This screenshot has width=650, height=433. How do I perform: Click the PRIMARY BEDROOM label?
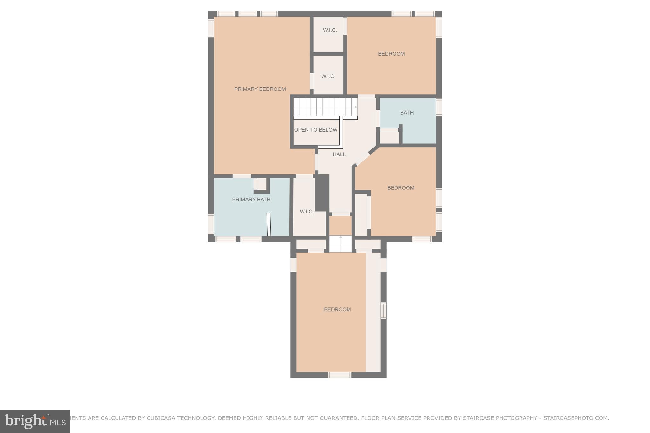[x=260, y=89]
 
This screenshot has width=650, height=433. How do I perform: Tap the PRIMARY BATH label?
[x=251, y=200]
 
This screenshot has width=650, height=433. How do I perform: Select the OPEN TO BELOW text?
[x=315, y=130]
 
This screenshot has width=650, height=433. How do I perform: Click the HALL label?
[x=339, y=154]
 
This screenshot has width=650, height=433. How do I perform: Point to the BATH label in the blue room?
[x=407, y=113]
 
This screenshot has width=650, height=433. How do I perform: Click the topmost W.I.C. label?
[x=330, y=30]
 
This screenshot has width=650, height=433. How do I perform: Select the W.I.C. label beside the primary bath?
[x=307, y=212]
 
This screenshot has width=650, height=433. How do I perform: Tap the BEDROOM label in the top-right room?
[x=391, y=54]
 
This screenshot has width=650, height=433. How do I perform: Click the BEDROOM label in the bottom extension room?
[x=337, y=309]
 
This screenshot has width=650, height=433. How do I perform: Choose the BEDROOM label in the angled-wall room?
[x=401, y=188]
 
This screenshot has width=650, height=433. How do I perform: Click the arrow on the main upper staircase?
[x=356, y=107]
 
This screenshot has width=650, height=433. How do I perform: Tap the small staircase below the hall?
[x=340, y=244]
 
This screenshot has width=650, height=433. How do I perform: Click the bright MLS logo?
[x=35, y=421]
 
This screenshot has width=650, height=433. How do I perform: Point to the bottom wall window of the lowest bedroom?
[x=339, y=375]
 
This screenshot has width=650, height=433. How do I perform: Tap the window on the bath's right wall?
[x=439, y=107]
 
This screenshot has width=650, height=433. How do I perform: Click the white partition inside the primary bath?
[x=269, y=224]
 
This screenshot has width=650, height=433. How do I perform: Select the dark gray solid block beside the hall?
[x=322, y=193]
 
